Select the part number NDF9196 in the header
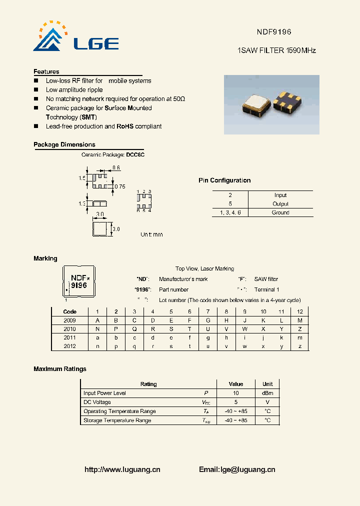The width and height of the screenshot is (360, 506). click(273, 31)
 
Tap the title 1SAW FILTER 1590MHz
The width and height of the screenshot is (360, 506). click(276, 50)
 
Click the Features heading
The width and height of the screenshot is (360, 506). click(46, 71)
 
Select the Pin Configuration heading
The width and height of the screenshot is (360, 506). click(224, 180)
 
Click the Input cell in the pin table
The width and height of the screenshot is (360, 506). click(280, 195)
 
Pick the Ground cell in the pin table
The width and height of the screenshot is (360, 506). click(280, 212)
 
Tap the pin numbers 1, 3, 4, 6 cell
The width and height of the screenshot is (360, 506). click(230, 212)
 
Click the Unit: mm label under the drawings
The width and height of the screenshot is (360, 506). click(151, 234)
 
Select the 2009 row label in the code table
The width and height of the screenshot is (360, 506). click(69, 320)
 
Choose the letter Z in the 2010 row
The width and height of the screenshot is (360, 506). click(299, 329)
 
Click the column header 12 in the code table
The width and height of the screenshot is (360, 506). click(299, 311)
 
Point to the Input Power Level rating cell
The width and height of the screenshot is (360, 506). click(105, 393)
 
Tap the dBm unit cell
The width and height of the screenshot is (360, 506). click(267, 393)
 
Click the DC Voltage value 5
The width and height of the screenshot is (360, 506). click(235, 402)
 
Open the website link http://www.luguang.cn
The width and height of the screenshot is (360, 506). click(122, 469)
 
